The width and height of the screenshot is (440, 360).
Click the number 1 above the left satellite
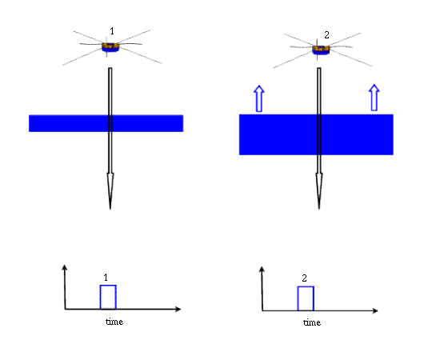[x=112, y=31]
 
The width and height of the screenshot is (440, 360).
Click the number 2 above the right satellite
[x=326, y=35]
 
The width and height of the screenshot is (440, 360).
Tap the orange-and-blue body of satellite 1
[x=110, y=47]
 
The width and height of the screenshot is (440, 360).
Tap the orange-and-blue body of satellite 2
[x=321, y=50]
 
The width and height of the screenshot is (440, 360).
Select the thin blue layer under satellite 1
[x=106, y=123]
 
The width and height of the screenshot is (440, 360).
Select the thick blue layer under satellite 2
[x=316, y=134]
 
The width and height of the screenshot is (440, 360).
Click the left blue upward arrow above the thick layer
[x=259, y=98]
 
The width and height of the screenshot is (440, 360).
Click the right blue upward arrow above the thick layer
[x=374, y=98]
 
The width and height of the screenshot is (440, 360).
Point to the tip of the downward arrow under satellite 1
[x=110, y=209]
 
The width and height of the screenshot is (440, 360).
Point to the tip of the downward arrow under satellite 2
[x=319, y=209]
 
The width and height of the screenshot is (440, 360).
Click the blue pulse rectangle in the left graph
[x=108, y=285]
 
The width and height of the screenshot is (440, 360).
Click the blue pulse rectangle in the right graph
[x=306, y=286]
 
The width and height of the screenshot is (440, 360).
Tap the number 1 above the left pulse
[x=106, y=278]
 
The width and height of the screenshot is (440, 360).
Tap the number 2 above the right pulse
[x=305, y=278]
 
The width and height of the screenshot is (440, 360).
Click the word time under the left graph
[x=114, y=322]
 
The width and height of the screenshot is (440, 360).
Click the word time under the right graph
[x=312, y=322]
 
